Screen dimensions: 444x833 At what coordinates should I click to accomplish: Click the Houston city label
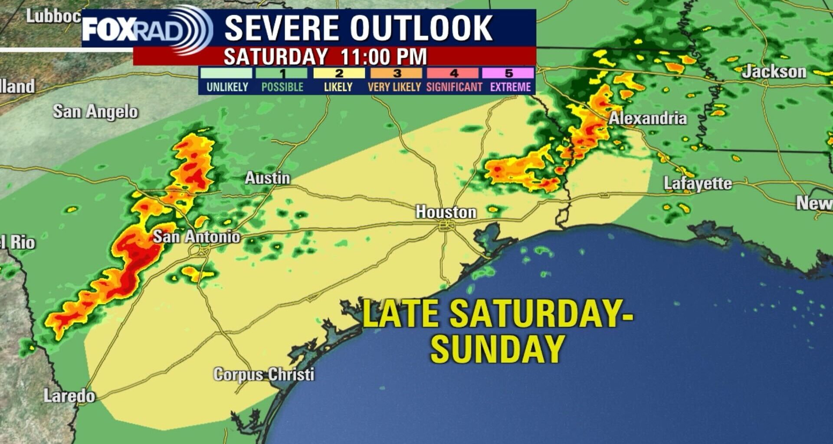446,212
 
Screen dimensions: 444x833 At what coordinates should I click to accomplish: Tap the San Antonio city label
197,237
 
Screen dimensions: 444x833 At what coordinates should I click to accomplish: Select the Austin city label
267,178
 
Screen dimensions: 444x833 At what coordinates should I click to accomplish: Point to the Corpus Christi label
264,374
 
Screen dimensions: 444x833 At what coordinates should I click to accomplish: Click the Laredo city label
69,396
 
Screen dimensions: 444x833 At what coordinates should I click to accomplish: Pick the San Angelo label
95,112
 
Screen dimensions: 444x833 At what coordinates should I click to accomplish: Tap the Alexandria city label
648,118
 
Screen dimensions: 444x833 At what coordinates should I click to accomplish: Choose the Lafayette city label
698,183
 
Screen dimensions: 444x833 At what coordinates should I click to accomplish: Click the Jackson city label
774,72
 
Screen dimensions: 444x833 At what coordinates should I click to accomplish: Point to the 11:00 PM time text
384,57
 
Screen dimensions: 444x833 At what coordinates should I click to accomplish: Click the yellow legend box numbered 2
339,73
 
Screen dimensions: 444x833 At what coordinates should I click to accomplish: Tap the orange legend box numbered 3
396,73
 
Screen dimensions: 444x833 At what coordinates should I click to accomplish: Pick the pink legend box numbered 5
508,73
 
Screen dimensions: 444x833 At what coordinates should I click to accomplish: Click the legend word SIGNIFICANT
454,87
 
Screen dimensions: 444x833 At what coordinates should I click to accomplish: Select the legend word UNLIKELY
227,87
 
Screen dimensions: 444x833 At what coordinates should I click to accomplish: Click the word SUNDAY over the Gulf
497,349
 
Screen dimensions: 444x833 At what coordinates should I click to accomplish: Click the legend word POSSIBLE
282,87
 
